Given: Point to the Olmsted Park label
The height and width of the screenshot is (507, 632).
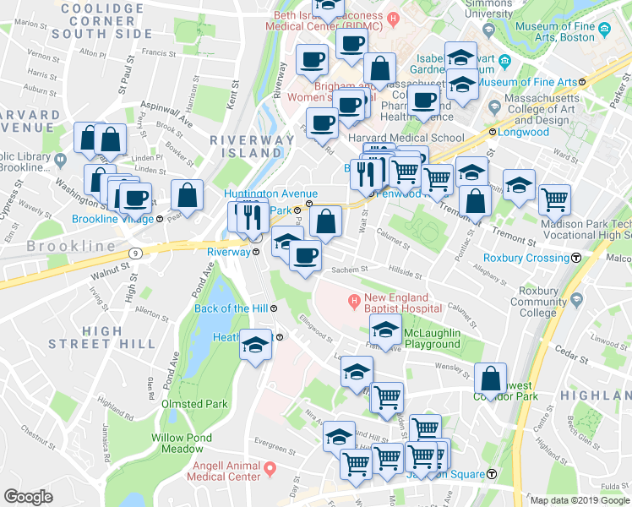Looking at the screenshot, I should pos(194,404).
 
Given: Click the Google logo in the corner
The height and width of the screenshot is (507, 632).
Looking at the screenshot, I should pos(28,496).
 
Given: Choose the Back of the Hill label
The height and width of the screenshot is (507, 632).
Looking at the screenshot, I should pos(232,308).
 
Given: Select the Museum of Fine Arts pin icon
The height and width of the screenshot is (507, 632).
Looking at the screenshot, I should pos(605,32).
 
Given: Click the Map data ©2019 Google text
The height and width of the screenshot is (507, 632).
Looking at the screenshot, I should pos(578,500).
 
